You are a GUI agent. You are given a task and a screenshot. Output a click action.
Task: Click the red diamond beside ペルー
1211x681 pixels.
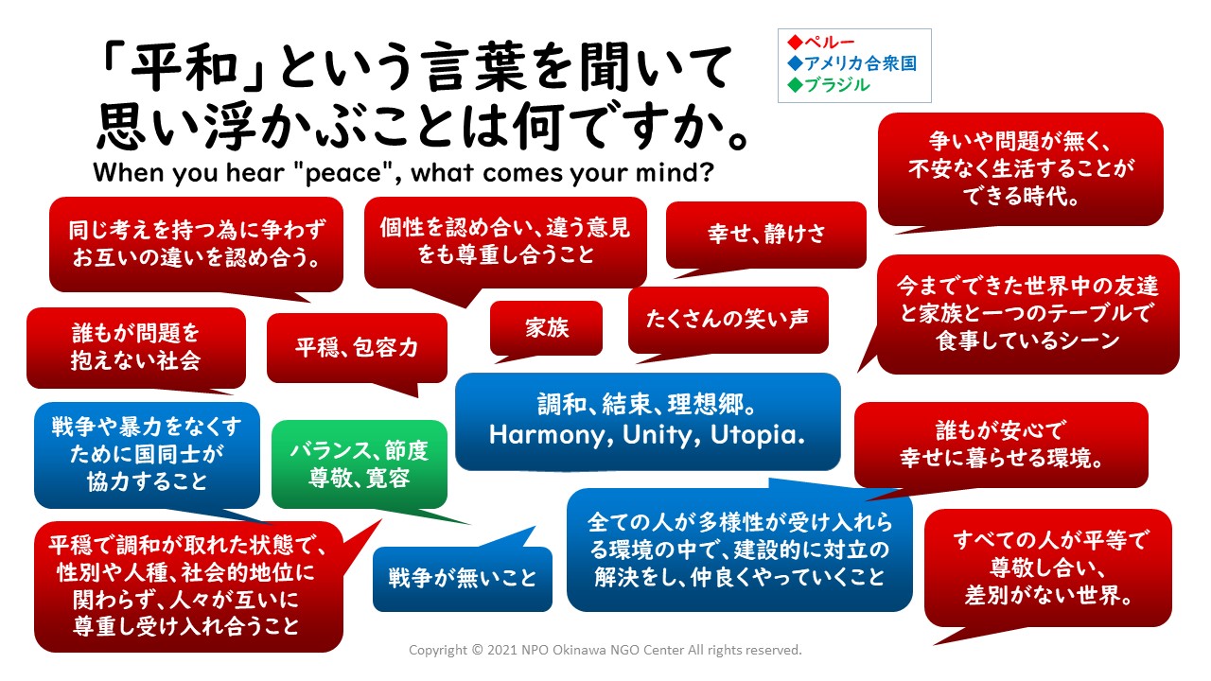click(795, 42)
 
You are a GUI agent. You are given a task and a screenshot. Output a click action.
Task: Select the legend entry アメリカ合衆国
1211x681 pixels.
click(860, 63)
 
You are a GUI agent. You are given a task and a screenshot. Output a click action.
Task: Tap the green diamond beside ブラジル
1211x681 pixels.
click(795, 85)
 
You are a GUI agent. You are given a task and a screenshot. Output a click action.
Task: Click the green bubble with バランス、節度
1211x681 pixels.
click(359, 463)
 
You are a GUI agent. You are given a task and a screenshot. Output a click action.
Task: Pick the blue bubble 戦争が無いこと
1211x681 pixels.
click(463, 579)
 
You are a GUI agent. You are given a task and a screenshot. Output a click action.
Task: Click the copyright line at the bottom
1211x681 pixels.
click(605, 650)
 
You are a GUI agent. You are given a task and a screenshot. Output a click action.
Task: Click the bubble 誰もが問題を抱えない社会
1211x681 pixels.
click(136, 347)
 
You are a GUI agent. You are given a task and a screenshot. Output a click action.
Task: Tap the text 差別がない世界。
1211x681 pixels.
click(1048, 595)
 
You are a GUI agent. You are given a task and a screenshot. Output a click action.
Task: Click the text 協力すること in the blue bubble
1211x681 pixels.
click(147, 481)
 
